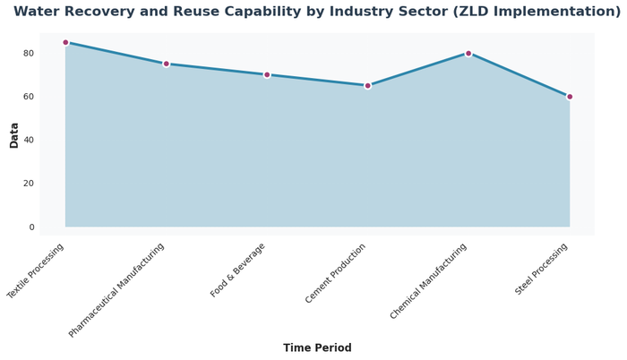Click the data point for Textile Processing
65,42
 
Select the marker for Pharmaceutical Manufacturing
166,64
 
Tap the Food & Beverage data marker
267,74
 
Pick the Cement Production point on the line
367,86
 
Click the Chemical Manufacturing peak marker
468,53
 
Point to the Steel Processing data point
570,97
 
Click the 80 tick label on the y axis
29,54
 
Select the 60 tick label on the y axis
29,97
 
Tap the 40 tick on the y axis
29,141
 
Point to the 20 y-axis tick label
29,184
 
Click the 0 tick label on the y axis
31,227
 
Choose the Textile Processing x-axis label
37,270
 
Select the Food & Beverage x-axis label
239,270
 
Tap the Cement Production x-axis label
335,273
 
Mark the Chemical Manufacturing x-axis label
429,280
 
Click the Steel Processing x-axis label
542,269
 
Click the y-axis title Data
14,134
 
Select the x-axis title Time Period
317,348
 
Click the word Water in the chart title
39,12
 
